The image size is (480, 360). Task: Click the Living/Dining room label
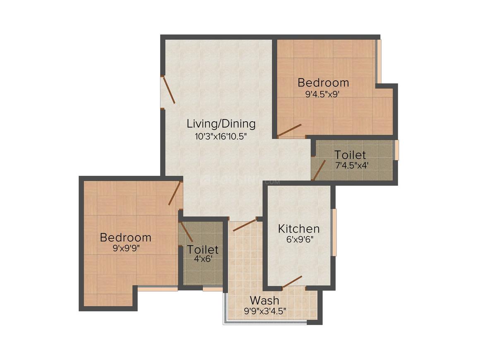click(x=221, y=123)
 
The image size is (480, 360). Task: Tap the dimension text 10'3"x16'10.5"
click(x=221, y=136)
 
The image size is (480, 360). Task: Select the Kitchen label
click(x=298, y=228)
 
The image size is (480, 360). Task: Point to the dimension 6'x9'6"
click(x=298, y=240)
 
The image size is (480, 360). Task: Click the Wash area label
click(x=264, y=300)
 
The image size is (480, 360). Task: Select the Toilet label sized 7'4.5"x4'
click(x=350, y=155)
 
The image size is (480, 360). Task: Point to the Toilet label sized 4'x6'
click(x=202, y=250)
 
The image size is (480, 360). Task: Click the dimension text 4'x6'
click(x=202, y=260)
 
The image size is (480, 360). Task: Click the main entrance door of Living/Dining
click(x=168, y=90)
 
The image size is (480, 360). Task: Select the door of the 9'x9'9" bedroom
click(x=175, y=193)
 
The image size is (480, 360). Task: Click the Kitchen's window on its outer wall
click(x=334, y=233)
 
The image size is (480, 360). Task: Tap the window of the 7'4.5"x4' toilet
click(x=396, y=150)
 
